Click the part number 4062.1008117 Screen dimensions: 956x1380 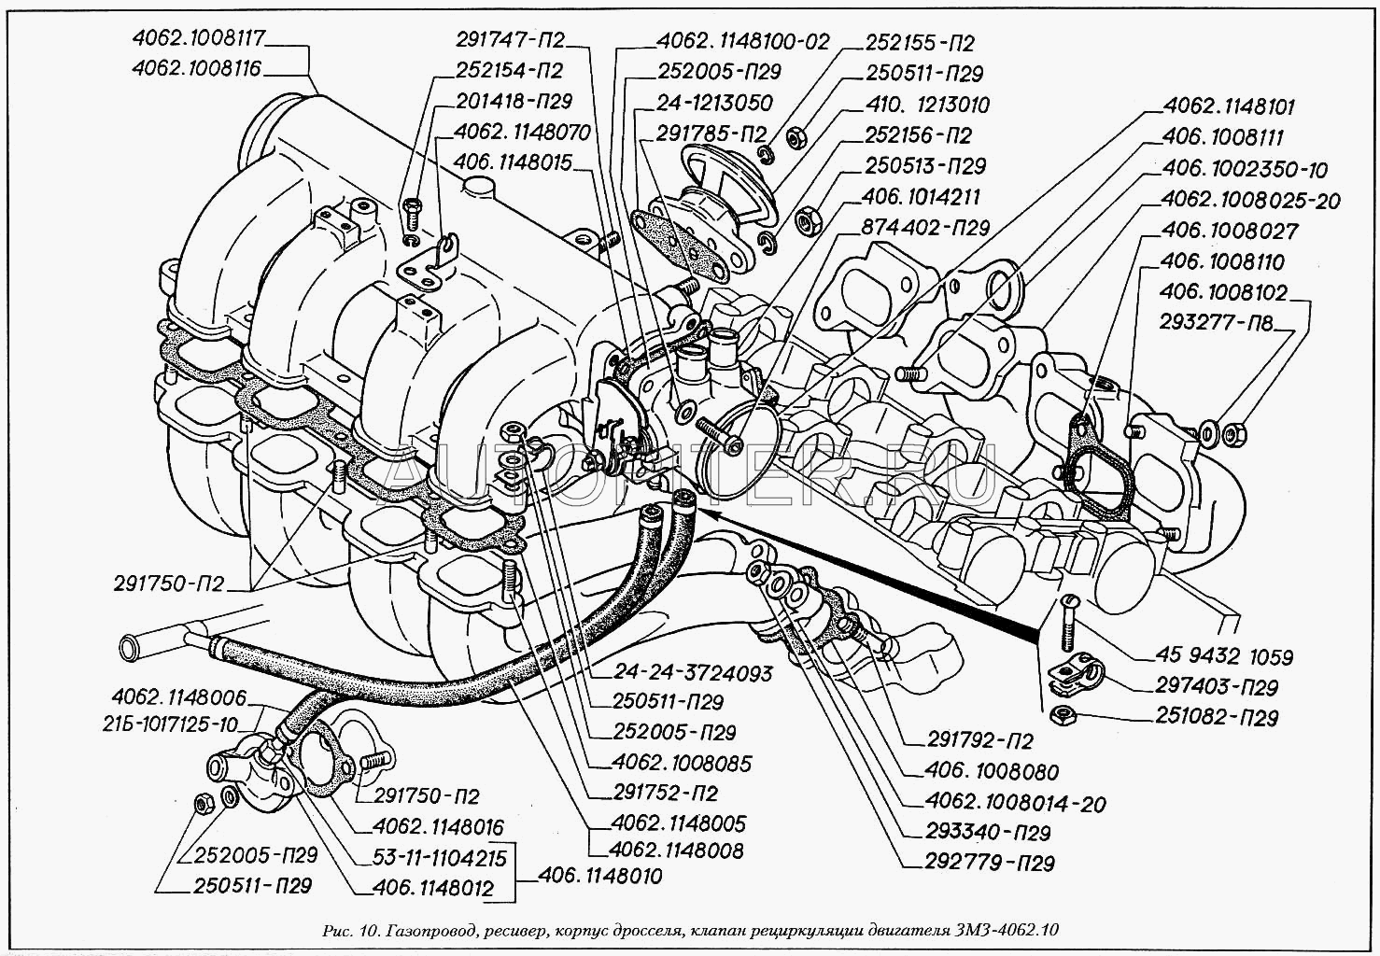[200, 38]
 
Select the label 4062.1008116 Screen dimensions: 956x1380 [197, 69]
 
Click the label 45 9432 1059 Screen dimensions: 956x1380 [1227, 657]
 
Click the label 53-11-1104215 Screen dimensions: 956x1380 [439, 858]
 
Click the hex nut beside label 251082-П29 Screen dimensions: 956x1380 [1060, 716]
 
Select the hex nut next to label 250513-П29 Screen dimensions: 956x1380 [805, 220]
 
